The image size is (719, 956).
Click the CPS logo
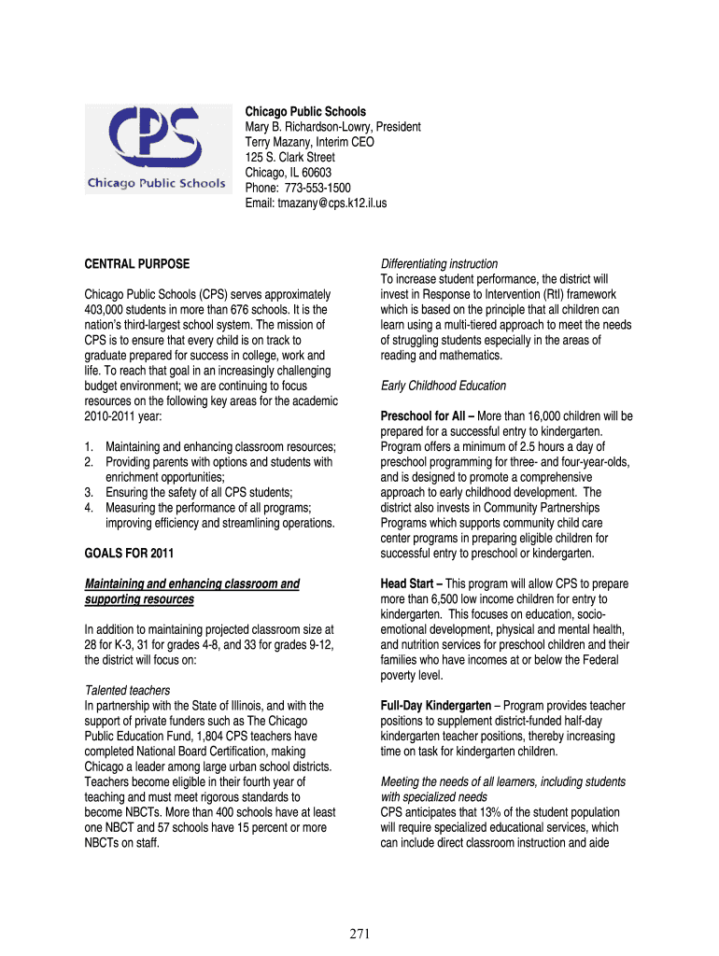coord(156,148)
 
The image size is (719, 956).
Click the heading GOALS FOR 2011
coord(129,554)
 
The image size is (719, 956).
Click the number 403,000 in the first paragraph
coord(106,309)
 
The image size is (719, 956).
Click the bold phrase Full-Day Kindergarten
coord(436,706)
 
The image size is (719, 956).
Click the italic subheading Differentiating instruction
coord(439,264)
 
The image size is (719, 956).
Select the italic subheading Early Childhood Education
coord(444,386)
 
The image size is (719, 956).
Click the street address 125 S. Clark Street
coord(289,157)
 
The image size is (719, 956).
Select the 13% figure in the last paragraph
coord(490,812)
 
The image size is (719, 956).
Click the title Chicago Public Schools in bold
coord(305,112)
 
